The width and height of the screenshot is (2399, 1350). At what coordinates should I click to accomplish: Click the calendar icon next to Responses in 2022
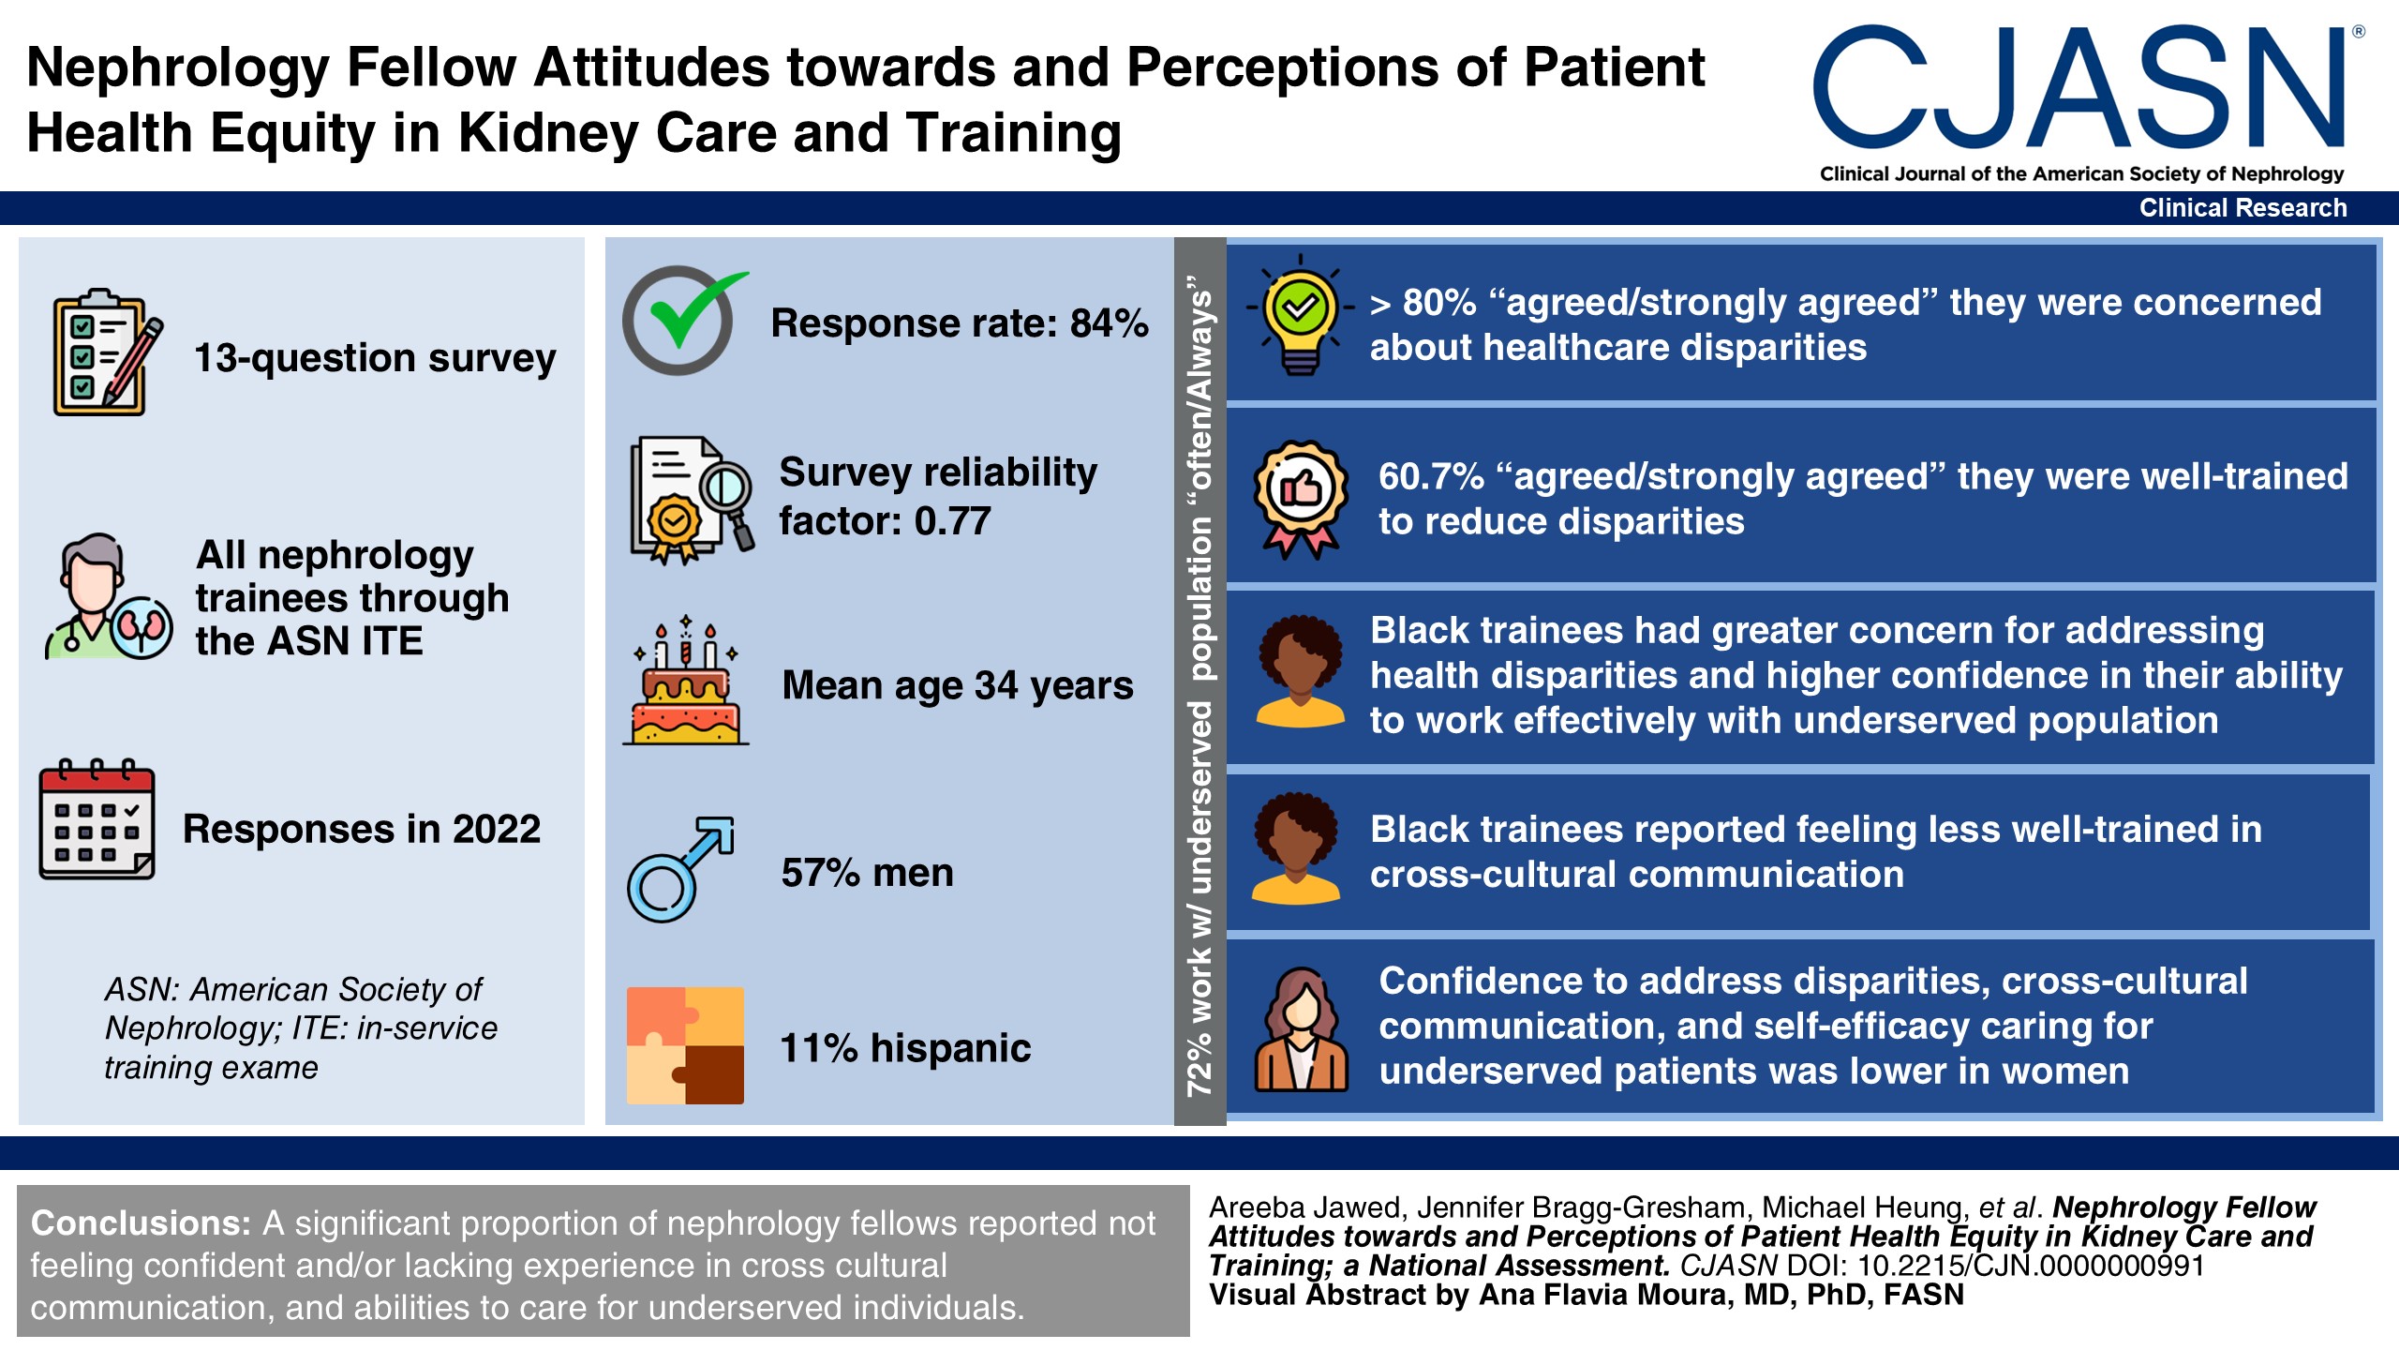click(97, 819)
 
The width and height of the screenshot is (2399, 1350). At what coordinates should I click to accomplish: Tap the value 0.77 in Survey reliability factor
click(952, 521)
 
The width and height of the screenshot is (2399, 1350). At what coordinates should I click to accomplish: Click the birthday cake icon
click(686, 682)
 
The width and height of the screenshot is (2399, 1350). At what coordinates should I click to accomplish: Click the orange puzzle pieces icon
click(685, 1044)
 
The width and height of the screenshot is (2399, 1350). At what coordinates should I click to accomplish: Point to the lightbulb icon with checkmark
click(1300, 315)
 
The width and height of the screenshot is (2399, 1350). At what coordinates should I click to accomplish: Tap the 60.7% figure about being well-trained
click(1431, 477)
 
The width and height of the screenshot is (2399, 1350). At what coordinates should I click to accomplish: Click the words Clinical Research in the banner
click(2243, 208)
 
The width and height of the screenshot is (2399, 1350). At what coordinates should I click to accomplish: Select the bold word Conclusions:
click(141, 1223)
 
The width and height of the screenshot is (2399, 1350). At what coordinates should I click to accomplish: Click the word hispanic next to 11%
click(950, 1048)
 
